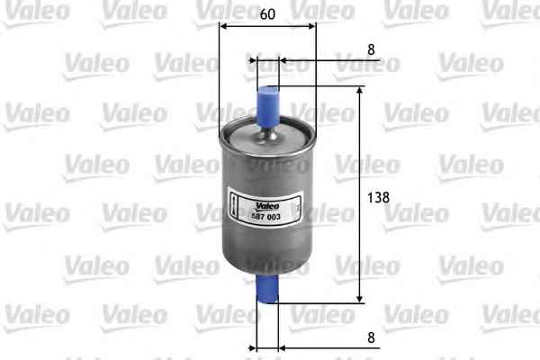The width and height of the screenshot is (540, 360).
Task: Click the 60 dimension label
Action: click(x=267, y=14)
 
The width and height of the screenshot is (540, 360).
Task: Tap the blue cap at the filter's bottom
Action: click(x=267, y=291)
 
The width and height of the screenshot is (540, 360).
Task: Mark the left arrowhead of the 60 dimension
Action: click(x=224, y=26)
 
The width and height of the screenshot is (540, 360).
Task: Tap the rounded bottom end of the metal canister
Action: click(x=267, y=271)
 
